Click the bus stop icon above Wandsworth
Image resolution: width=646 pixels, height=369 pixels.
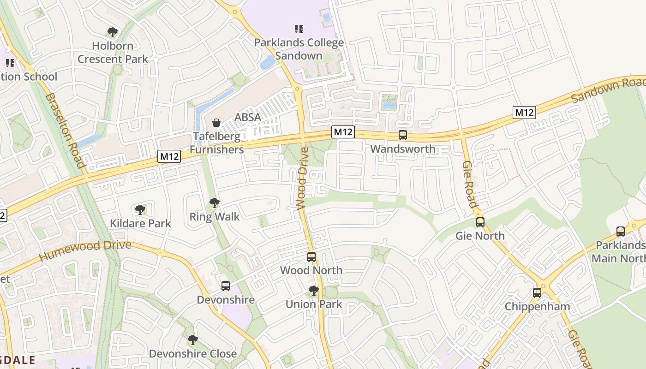(x=403, y=135)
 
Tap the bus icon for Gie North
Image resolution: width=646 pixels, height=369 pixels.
(x=480, y=222)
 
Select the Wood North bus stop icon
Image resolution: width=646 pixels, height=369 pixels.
(x=311, y=257)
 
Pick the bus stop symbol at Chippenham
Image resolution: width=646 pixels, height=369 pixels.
(x=537, y=292)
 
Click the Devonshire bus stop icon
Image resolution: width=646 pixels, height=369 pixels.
(x=226, y=286)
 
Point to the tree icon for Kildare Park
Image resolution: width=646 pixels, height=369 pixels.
(x=140, y=210)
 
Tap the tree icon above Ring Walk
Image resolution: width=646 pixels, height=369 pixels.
(x=214, y=202)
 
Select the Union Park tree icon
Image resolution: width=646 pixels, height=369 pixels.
(x=314, y=291)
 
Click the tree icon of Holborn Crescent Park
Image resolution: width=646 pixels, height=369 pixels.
(x=112, y=32)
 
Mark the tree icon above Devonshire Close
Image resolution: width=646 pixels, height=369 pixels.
(x=193, y=340)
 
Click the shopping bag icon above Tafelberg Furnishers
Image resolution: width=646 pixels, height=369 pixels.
(x=216, y=123)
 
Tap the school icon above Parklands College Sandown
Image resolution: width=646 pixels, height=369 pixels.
(x=299, y=29)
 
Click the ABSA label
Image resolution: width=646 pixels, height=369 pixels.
(x=248, y=117)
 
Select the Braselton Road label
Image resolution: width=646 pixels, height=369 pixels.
(x=66, y=131)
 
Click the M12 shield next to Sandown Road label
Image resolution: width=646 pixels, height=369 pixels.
(x=524, y=112)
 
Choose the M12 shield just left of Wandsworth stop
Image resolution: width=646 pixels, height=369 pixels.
(x=343, y=132)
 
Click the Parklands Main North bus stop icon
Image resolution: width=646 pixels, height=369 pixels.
(x=621, y=232)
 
